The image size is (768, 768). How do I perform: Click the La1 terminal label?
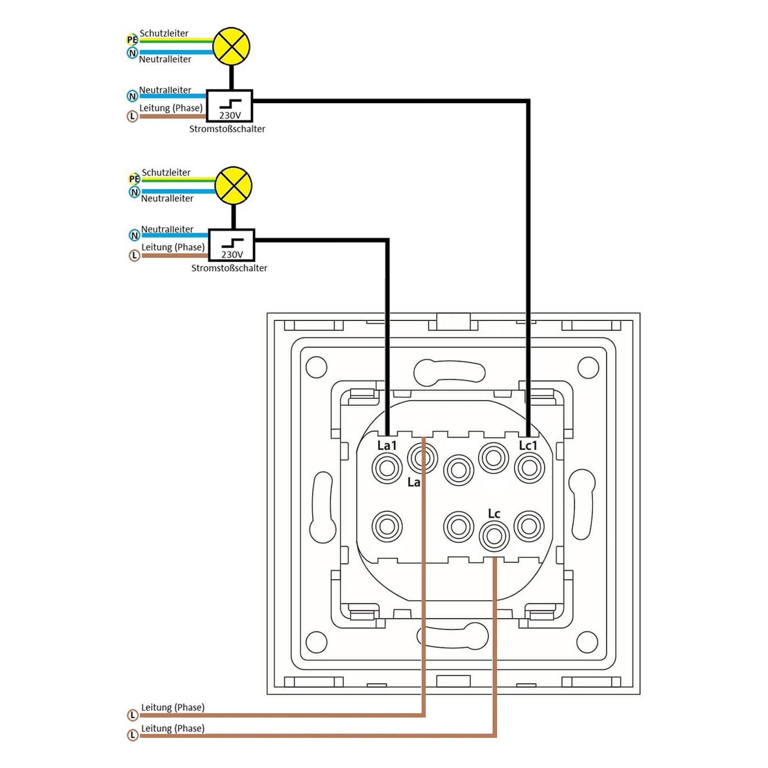tap(387, 445)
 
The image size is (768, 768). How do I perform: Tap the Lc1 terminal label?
tap(528, 445)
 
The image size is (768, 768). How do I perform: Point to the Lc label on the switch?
tap(494, 513)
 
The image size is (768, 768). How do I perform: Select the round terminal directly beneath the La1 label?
tap(387, 468)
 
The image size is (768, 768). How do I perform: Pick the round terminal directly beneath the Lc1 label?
tap(529, 468)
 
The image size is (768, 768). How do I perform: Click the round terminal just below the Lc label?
tap(494, 535)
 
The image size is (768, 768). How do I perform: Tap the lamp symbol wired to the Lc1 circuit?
tap(231, 46)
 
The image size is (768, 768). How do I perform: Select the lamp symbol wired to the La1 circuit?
tap(233, 185)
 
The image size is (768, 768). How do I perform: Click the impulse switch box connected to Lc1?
tap(229, 106)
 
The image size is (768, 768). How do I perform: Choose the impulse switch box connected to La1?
tap(231, 245)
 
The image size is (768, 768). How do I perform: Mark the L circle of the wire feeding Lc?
tap(133, 736)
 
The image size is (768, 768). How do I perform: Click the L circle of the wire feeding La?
tap(133, 715)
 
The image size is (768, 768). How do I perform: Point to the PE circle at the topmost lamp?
tap(132, 39)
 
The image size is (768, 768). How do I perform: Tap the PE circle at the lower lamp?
tap(134, 179)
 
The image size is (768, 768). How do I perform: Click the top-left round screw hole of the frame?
tap(316, 367)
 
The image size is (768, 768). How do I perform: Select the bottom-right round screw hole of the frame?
tap(587, 642)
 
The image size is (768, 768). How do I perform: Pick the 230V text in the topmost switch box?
tap(230, 115)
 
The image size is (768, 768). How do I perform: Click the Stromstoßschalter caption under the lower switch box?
tap(229, 268)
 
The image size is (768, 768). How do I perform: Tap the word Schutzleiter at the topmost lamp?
tap(164, 33)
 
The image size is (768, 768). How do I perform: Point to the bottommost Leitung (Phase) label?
tap(173, 728)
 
